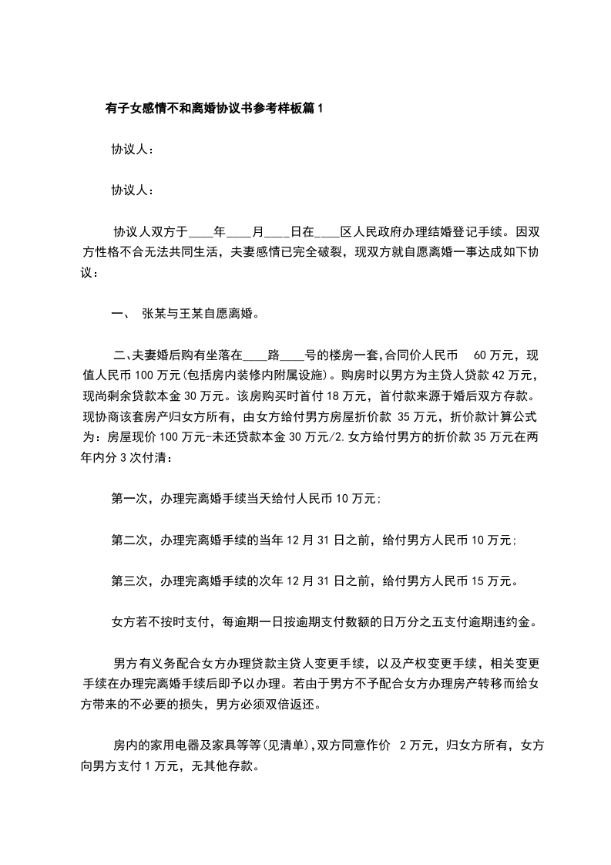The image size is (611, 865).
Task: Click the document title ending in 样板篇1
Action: [x=214, y=109]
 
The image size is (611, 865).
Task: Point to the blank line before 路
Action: [x=255, y=355]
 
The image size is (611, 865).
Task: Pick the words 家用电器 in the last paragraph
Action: [x=176, y=746]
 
